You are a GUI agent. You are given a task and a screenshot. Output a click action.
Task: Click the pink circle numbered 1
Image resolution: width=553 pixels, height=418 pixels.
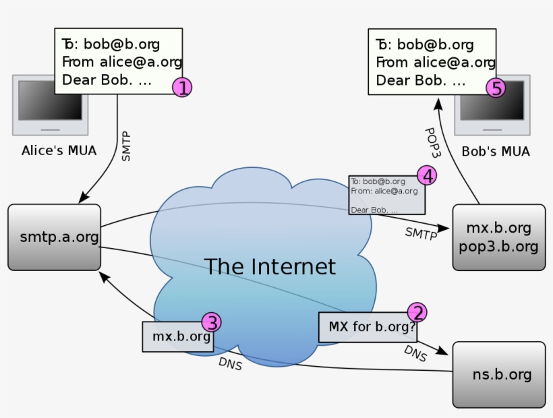coord(182,86)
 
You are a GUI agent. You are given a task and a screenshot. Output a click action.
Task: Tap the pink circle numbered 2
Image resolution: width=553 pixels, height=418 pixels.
coord(417,312)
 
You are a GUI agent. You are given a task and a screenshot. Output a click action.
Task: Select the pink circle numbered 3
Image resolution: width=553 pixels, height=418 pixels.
coord(212,322)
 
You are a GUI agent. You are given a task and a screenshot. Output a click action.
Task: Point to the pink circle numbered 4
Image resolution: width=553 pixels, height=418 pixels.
coord(426,176)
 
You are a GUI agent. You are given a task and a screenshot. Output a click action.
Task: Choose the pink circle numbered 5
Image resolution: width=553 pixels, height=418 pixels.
coord(496,88)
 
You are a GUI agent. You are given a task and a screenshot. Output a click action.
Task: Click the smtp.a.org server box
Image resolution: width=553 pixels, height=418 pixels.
coord(54,237)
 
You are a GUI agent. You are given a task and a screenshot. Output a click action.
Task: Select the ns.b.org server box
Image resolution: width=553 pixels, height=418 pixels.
coord(498,374)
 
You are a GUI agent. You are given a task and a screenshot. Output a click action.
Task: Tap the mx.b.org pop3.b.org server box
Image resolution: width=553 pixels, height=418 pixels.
coord(498,237)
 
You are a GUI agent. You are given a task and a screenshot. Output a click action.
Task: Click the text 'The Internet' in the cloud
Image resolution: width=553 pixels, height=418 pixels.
coord(269,266)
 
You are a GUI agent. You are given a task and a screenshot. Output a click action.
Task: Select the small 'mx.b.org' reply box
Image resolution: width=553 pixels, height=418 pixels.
coord(178,336)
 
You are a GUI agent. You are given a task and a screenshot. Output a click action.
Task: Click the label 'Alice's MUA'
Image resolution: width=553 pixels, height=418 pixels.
coord(59,150)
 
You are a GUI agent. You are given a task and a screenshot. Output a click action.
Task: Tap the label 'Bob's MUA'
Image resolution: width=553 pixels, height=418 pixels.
coord(495,151)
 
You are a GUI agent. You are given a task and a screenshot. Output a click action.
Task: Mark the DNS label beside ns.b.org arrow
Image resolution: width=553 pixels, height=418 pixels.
coord(415,353)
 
